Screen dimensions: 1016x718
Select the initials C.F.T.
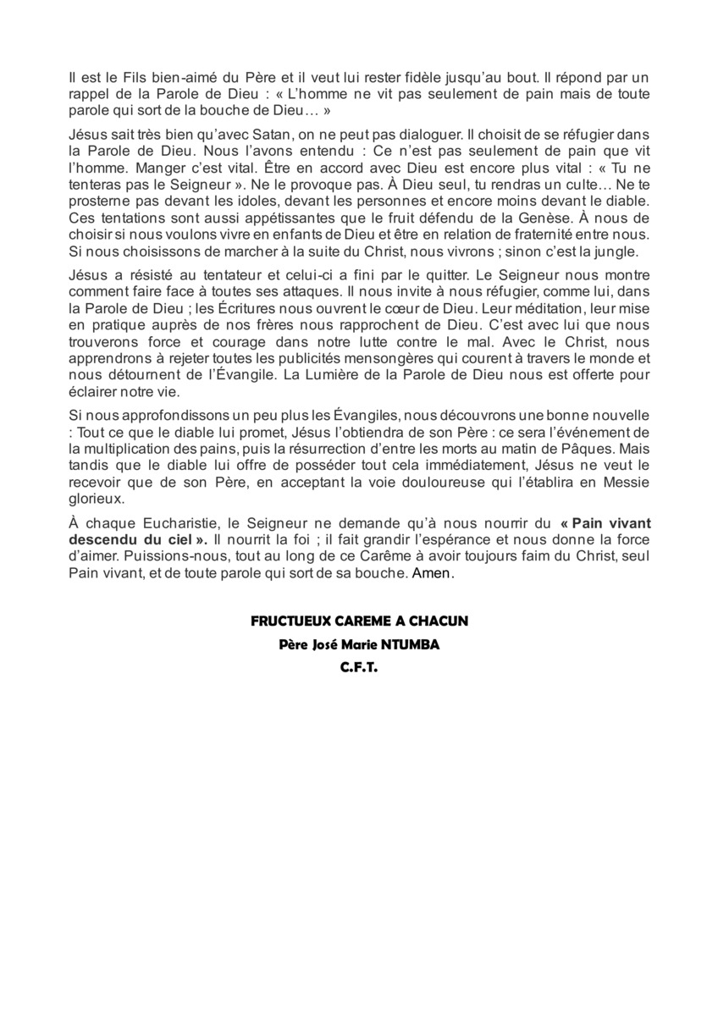(359, 667)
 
